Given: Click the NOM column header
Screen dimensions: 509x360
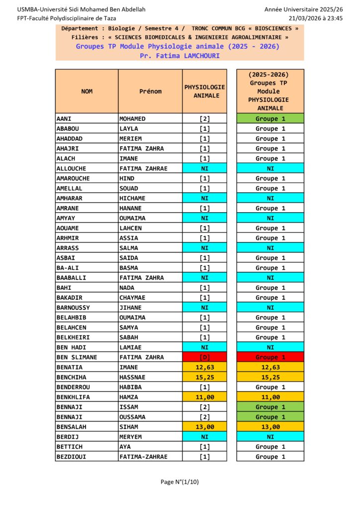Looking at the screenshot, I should pos(87,91).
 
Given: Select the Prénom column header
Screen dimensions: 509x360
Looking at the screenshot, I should pos(150,91).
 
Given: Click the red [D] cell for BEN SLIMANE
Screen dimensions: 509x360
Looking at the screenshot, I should pos(204,357).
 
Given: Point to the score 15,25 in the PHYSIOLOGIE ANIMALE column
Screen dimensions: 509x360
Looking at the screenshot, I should pos(204,377).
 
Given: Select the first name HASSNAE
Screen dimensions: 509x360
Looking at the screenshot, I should pos(134,377).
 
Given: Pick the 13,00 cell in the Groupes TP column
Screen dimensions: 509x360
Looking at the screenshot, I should pos(270,427).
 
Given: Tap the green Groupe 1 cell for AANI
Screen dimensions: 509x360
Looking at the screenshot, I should pos(270,119).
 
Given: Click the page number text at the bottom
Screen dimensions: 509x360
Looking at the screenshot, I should pos(180,482).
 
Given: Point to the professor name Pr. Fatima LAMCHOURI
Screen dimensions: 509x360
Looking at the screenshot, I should pos(180,56).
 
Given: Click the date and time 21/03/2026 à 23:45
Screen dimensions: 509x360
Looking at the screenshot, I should pos(315,18).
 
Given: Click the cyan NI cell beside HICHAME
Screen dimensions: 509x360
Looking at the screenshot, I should pos(204,198).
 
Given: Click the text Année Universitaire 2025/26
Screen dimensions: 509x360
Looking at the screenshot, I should pos(303,9).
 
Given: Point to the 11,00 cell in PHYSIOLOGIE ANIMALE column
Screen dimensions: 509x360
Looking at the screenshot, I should pos(204,397).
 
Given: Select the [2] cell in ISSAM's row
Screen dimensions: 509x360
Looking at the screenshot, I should pos(204,407).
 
